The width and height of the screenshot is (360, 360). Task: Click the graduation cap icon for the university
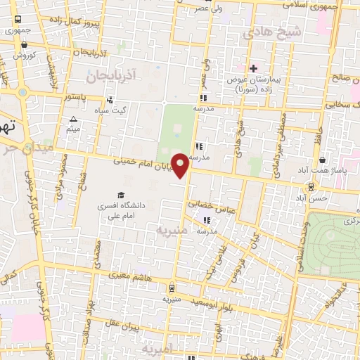click(122, 195)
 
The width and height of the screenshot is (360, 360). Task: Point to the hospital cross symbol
click(253, 67)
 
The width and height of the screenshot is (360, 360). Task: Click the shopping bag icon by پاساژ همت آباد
click(322, 160)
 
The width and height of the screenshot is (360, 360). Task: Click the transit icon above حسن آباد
click(310, 186)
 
